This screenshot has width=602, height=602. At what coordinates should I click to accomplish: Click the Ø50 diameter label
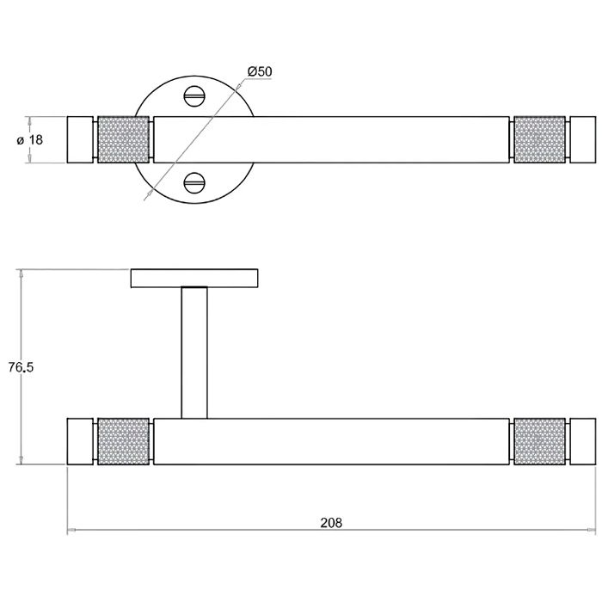(259, 71)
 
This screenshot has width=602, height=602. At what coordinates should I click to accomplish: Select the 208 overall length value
(331, 522)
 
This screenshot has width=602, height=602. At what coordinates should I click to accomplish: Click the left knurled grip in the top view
(124, 139)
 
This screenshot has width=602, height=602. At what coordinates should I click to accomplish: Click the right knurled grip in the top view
(539, 139)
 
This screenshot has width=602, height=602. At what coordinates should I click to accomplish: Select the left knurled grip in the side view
(124, 442)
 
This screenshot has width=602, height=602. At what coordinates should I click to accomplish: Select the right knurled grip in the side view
(539, 442)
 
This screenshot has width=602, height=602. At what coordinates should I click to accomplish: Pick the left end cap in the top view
(81, 139)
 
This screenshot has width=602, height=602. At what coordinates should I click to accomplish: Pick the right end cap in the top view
(582, 139)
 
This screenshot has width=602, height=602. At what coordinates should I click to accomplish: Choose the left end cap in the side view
(81, 442)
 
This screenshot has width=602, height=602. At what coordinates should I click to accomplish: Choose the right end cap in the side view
(582, 442)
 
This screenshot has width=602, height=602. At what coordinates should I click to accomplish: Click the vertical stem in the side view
(194, 353)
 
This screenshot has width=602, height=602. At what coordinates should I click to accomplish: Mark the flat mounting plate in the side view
(194, 278)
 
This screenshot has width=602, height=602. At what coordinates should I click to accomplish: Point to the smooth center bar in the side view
(331, 442)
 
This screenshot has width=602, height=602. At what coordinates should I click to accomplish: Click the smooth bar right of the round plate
(378, 139)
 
